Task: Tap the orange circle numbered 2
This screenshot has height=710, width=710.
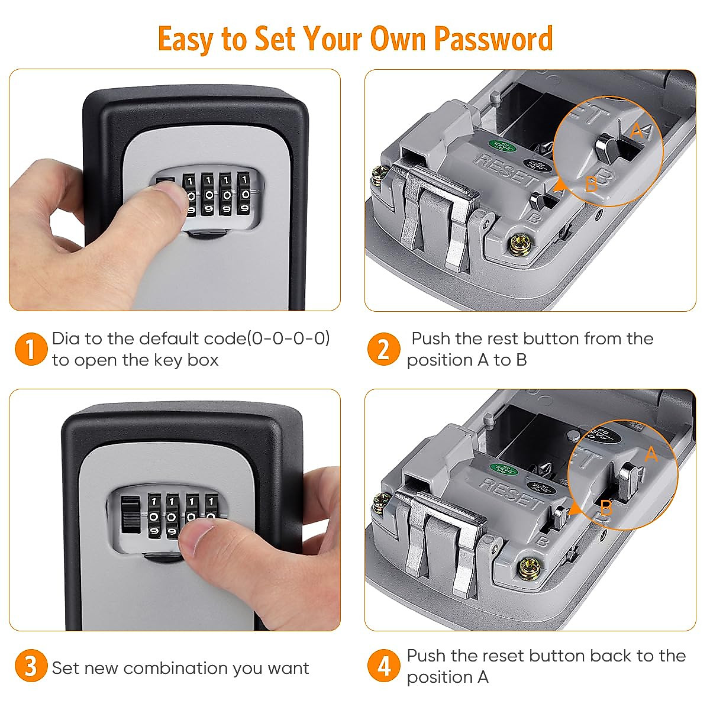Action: coord(383,348)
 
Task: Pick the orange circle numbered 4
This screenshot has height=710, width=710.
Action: coord(383,666)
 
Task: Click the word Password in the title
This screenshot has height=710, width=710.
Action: coord(493,39)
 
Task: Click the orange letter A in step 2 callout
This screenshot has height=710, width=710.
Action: coord(637,131)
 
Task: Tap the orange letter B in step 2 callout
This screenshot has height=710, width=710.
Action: coord(590,185)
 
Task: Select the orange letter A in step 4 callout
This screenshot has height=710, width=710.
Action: coord(650,454)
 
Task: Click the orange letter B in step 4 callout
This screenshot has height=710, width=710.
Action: coord(606,508)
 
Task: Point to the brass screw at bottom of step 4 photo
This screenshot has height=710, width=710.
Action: coord(526,570)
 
